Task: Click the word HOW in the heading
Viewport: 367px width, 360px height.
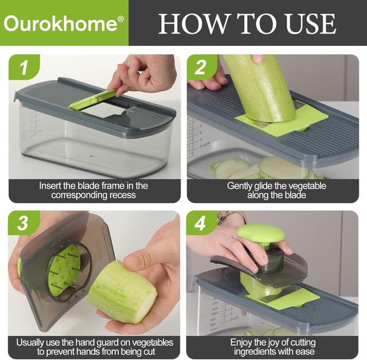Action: click(x=185, y=23)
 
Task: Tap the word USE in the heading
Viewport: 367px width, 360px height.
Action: click(x=307, y=23)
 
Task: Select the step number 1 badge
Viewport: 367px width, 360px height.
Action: click(x=23, y=68)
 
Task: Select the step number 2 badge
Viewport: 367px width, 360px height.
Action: click(x=201, y=68)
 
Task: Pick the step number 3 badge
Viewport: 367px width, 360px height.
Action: click(x=23, y=224)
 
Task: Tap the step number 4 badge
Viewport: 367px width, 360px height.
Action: click(x=201, y=224)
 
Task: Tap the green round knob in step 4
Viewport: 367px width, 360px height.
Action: click(x=260, y=233)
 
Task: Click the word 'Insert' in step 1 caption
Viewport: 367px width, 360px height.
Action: click(x=50, y=186)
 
